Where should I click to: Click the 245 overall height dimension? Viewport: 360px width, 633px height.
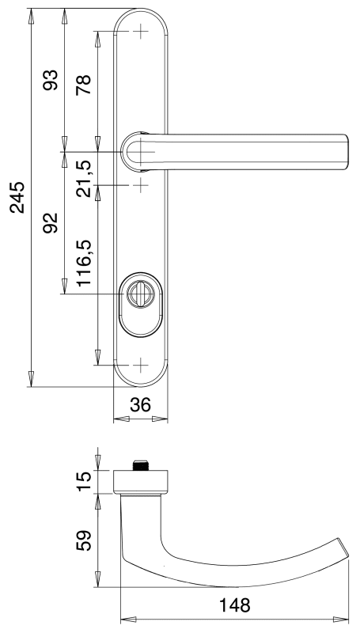[17, 197]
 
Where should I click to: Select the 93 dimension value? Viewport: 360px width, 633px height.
[51, 80]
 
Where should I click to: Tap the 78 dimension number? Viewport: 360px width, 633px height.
[84, 85]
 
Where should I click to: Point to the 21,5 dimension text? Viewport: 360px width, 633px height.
[84, 179]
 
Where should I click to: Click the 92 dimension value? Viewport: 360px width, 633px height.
[51, 222]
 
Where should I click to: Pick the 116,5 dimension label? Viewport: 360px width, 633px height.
[85, 263]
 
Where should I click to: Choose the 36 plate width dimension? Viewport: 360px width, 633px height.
[141, 404]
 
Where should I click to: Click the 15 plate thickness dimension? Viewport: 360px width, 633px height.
[84, 481]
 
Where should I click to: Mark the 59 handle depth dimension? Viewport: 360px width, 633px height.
[84, 540]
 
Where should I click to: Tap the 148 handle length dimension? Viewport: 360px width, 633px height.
[234, 605]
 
